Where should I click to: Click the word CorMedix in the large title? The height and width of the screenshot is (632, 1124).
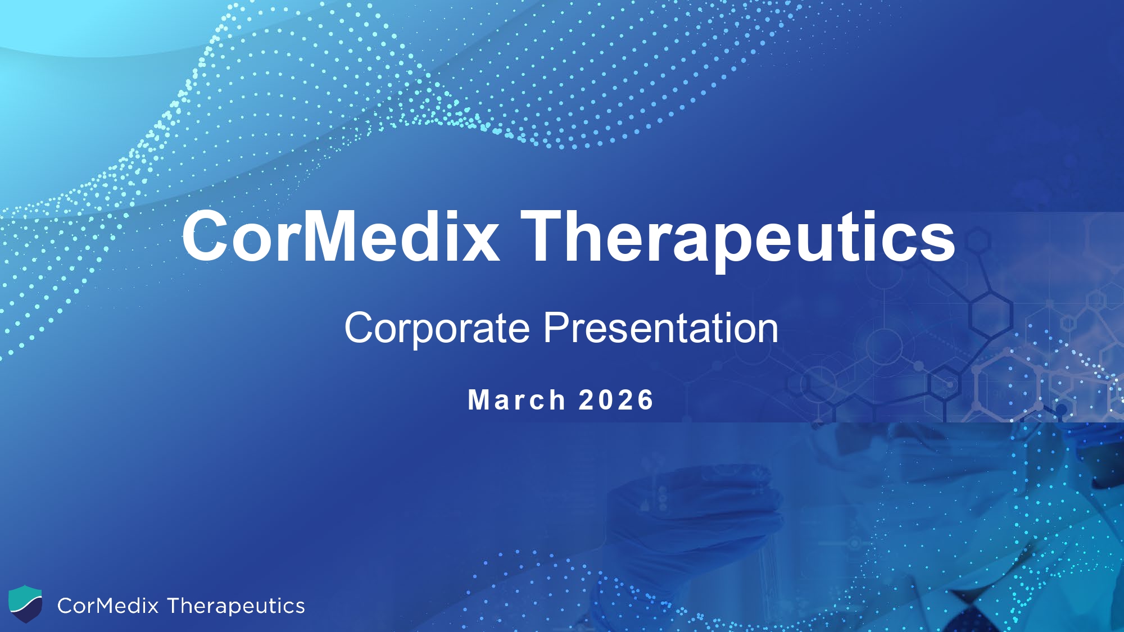[341, 236]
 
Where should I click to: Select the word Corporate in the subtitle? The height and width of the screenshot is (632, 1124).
[437, 329]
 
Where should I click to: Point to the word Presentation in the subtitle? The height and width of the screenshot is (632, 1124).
[661, 328]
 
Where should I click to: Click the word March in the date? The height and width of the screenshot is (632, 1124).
[516, 400]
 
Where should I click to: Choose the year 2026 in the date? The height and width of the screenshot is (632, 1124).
[616, 400]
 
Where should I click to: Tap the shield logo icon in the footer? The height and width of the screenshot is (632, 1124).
[25, 603]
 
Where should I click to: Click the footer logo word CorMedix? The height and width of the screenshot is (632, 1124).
[108, 606]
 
